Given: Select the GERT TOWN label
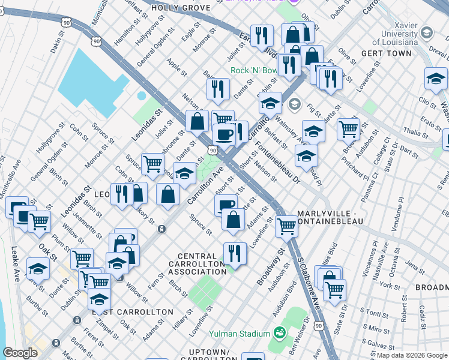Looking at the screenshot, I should pos(387,53).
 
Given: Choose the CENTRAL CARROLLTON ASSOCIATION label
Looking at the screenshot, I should pos(197,264).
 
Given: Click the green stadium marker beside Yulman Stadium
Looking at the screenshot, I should pos(279,332).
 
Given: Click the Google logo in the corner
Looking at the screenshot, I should pos(20,353).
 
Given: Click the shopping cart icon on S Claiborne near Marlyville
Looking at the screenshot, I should pos(288,226).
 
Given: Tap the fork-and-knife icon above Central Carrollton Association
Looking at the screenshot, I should pos(234,253).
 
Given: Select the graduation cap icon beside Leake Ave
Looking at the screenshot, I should pos(38,269).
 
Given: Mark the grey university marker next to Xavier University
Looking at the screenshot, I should pos(427,31).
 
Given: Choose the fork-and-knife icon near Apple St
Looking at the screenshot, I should pos(217,88).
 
